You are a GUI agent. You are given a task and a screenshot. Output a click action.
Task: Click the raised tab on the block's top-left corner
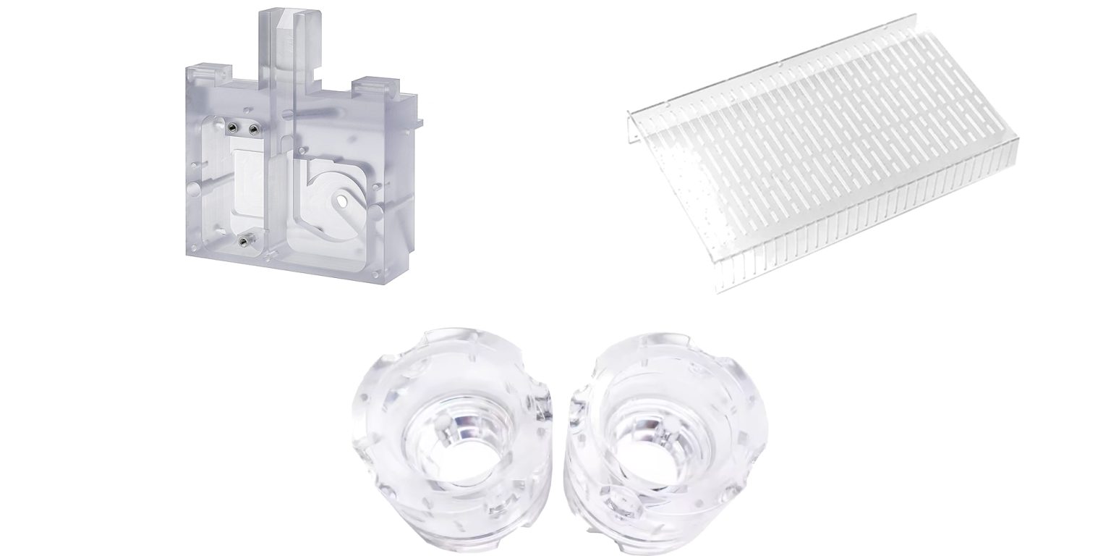coord(203,71)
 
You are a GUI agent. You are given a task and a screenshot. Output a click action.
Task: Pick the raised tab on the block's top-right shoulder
coord(372,85)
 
